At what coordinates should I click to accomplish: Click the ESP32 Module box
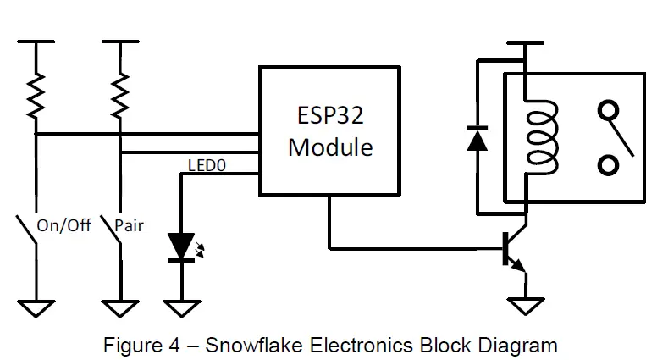pos(329,132)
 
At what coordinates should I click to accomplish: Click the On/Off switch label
pos(63,226)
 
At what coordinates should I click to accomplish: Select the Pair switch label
pos(130,226)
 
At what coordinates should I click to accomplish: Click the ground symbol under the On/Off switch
pos(35,307)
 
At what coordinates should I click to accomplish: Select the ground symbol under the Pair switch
pos(121,307)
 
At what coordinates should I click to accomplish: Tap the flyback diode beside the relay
pos(478,137)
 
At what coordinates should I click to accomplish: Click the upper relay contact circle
pos(608,110)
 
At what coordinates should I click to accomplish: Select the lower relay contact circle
pos(608,164)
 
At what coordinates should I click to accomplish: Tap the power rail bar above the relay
pos(525,44)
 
